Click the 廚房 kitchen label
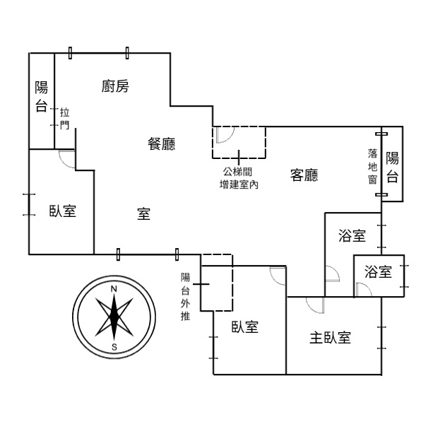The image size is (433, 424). pyautogui.click(x=115, y=86)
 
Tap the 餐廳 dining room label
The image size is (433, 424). pyautogui.click(x=162, y=143)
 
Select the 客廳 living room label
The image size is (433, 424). pyautogui.click(x=304, y=175)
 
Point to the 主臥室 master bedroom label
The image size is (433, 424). pyautogui.click(x=331, y=338)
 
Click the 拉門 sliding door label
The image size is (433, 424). pyautogui.click(x=64, y=119)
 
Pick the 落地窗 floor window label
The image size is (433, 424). pyautogui.click(x=372, y=166)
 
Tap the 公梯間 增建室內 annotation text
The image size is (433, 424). pyautogui.click(x=239, y=178)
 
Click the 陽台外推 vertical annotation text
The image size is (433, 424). pyautogui.click(x=185, y=297)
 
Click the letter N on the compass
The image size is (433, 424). pyautogui.click(x=114, y=289)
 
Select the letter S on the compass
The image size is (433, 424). pyautogui.click(x=114, y=347)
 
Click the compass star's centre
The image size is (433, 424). pyautogui.click(x=114, y=317)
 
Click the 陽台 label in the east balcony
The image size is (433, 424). pyautogui.click(x=393, y=167)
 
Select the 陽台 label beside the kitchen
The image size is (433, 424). pyautogui.click(x=42, y=96)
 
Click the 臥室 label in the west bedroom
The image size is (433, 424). pyautogui.click(x=63, y=211)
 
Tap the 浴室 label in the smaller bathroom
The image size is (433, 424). pyautogui.click(x=378, y=271)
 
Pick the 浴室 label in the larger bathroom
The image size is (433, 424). pyautogui.click(x=352, y=236)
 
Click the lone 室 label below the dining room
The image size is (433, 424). pyautogui.click(x=143, y=214)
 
